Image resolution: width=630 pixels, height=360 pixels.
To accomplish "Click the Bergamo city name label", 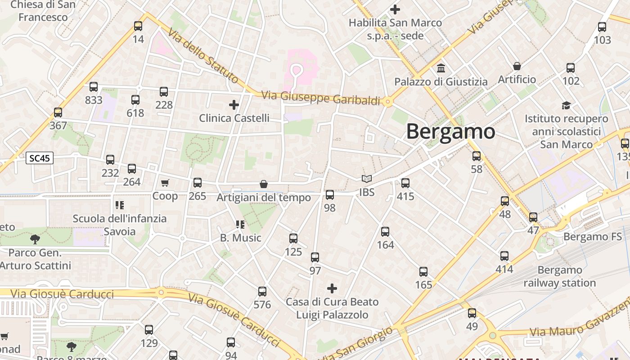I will click(450, 131).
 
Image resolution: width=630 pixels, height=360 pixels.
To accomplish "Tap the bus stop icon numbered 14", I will click(138, 26).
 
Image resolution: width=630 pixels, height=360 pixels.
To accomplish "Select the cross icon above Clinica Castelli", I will click(234, 105).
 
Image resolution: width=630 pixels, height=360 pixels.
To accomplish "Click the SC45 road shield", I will click(40, 158).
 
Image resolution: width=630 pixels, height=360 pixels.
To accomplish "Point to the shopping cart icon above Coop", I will click(165, 183).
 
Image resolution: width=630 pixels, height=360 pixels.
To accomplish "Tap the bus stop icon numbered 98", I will click(330, 195).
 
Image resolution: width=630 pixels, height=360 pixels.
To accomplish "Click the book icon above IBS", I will click(367, 179).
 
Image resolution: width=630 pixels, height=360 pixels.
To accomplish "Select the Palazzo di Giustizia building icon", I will click(441, 69).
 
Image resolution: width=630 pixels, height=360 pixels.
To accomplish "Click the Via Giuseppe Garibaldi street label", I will click(321, 98).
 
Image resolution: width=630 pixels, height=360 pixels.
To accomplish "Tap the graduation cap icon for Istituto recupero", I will click(566, 105).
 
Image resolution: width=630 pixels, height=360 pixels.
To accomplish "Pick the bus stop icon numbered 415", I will click(405, 183).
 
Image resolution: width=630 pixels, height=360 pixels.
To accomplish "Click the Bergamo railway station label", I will click(559, 276).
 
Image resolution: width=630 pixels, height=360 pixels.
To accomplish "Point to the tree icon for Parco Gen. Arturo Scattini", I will click(35, 239).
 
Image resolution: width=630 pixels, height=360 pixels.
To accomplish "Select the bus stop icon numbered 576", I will click(262, 292).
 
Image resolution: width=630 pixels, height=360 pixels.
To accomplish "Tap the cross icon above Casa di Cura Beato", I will click(332, 288).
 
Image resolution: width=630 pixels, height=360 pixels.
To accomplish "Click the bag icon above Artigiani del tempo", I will click(264, 184).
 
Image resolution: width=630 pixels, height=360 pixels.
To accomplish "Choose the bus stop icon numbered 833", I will click(94, 87).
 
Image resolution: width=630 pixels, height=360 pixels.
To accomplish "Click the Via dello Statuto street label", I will click(204, 56).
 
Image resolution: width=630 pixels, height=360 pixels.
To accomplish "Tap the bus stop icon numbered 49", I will click(472, 313).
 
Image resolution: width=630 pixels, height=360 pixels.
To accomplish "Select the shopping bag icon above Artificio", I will click(517, 66).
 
